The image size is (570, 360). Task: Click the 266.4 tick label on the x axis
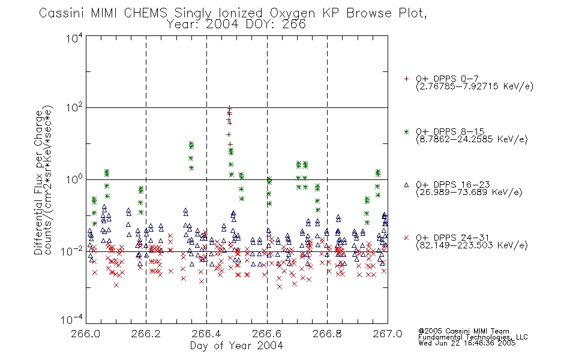[206, 334]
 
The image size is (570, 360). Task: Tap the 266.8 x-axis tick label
[327, 334]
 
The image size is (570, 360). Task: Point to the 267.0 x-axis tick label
[388, 334]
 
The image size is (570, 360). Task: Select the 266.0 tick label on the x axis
[86, 334]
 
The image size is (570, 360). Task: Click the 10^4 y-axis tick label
[74, 38]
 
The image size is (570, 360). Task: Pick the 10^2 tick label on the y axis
[74, 107]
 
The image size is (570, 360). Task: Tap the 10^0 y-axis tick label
[74, 179]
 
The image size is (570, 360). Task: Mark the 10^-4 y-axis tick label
[72, 320]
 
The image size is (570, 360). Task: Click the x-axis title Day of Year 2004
[236, 346]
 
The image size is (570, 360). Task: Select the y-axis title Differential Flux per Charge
[38, 182]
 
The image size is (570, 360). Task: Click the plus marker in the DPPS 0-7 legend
[406, 79]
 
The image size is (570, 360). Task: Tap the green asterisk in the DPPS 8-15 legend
[406, 131]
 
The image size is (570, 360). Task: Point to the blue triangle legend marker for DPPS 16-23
[406, 185]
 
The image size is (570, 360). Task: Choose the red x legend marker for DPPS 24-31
[406, 238]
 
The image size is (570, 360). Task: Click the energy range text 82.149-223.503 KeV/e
[472, 245]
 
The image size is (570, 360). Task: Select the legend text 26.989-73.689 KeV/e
[469, 193]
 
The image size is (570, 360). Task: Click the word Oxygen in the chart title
[293, 13]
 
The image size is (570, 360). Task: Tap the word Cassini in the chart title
[61, 13]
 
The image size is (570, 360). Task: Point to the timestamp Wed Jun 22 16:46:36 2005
[467, 343]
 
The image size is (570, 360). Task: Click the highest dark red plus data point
[229, 107]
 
